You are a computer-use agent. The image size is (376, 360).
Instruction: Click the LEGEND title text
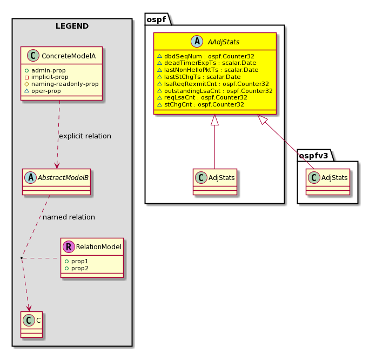[72, 26]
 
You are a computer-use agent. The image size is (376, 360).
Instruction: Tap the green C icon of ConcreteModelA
[33, 56]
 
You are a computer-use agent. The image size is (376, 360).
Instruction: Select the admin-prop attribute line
[45, 70]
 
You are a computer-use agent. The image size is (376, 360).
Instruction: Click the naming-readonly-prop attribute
[62, 84]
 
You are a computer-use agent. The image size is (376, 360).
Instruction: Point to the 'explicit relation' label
[85, 136]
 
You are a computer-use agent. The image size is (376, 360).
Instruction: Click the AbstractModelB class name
[63, 178]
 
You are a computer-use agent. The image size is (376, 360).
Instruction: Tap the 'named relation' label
[69, 217]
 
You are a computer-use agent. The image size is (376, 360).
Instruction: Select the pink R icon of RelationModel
[69, 247]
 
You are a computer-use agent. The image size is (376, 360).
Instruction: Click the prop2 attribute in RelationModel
[77, 268]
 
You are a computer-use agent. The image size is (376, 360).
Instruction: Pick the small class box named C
[32, 324]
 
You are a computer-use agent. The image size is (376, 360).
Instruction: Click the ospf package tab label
[156, 19]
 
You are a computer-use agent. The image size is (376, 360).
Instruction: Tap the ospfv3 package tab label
[313, 156]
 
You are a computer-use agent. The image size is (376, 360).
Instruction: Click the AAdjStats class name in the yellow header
[224, 42]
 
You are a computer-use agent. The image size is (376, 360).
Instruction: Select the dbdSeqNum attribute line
[206, 56]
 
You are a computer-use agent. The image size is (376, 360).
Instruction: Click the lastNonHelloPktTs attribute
[208, 70]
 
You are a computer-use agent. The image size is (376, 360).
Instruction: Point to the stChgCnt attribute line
[201, 105]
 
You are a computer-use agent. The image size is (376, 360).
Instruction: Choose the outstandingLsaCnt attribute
[215, 91]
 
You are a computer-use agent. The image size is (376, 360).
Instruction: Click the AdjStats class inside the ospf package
[215, 182]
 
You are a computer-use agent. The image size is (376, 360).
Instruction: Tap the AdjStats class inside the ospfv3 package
[328, 182]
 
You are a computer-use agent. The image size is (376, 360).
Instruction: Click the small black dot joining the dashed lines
[22, 258]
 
